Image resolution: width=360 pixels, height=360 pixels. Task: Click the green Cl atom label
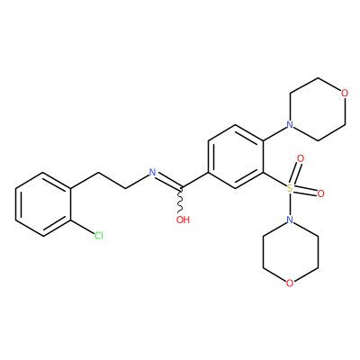[99, 236]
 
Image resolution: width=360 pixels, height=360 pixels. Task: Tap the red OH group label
[183, 220]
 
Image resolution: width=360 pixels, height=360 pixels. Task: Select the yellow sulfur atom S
[290, 188]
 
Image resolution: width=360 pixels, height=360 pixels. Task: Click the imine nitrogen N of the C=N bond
[153, 173]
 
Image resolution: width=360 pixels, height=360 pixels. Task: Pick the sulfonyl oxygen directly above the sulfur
[301, 158]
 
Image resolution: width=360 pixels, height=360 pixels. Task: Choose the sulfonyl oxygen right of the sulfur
[320, 193]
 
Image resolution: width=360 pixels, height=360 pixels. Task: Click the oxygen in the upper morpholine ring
[345, 93]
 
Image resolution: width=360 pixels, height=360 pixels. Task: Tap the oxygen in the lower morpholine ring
[290, 283]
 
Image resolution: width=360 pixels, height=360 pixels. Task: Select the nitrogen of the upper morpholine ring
[290, 124]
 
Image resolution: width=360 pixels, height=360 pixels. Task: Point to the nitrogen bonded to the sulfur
[290, 220]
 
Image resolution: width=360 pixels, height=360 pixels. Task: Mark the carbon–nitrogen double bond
[168, 182]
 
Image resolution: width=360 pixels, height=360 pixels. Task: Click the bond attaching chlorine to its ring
[83, 228]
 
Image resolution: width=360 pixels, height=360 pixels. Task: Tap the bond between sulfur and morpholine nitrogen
[290, 204]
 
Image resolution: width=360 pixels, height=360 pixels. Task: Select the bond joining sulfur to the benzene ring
[274, 180]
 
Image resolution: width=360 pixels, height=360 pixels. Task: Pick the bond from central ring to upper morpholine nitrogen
[274, 133]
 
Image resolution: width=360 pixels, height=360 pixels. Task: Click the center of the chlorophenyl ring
[43, 204]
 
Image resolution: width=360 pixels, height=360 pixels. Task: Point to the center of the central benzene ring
[236, 157]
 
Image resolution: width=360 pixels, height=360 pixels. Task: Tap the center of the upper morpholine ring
[317, 109]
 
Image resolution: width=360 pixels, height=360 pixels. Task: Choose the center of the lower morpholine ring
[290, 252]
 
